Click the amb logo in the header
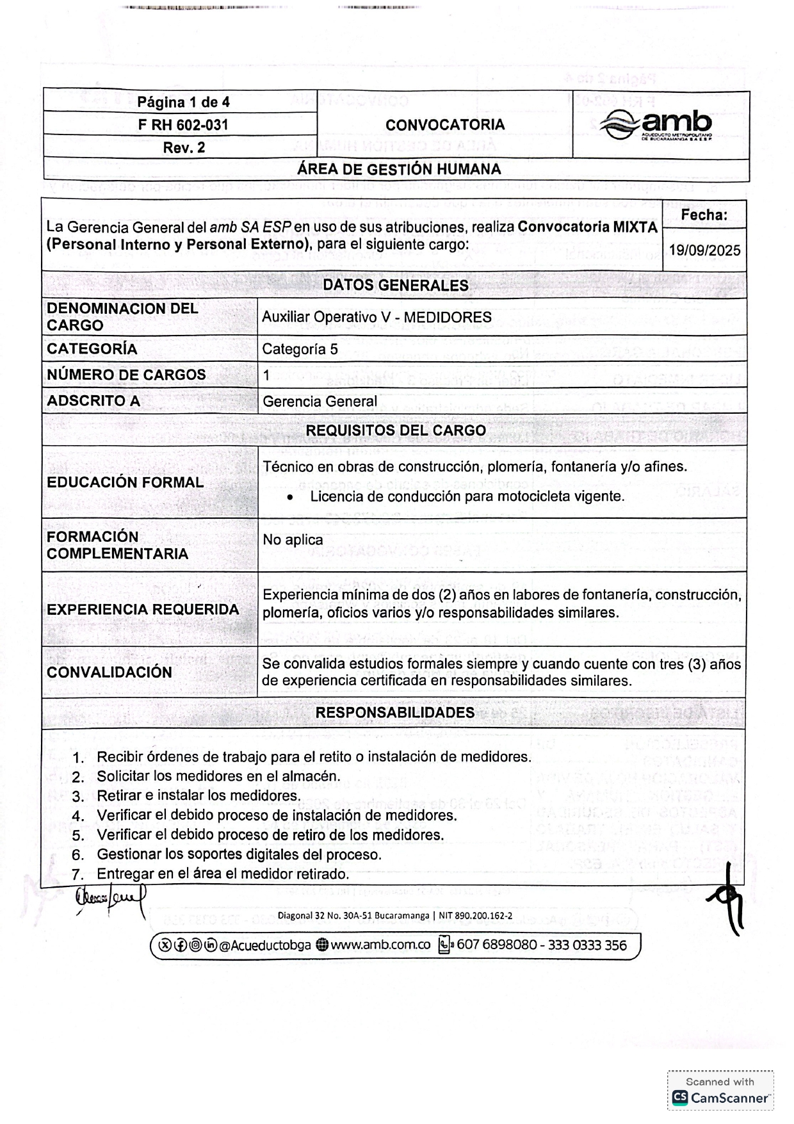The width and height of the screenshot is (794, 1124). coord(656,125)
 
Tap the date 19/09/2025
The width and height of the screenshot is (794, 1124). coord(704,250)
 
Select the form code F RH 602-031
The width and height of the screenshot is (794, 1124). coord(183,125)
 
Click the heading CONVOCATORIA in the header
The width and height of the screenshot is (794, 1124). coord(445,125)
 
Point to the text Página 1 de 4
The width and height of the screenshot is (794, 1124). coord(183,102)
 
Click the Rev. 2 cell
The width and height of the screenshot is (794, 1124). coord(184,148)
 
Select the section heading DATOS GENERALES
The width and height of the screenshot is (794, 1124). coord(395,286)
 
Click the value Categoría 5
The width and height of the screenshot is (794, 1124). coord(300,350)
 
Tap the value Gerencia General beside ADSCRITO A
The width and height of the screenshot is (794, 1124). coord(320,402)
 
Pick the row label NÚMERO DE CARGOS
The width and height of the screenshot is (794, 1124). coord(126,375)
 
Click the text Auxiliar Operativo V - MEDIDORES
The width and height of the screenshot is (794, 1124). coord(377,318)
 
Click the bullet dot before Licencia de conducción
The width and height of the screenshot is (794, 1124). coord(291,498)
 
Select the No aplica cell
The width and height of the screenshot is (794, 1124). coord(293,540)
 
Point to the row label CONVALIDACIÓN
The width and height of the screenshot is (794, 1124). coord(109,672)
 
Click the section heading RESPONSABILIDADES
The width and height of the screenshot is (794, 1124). coord(395,713)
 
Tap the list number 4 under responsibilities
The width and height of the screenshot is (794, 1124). coord(79,817)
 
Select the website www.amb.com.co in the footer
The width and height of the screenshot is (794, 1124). coord(380,945)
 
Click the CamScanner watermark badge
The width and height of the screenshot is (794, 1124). coord(720,1090)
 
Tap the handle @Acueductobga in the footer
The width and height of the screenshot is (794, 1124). coord(265,945)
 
